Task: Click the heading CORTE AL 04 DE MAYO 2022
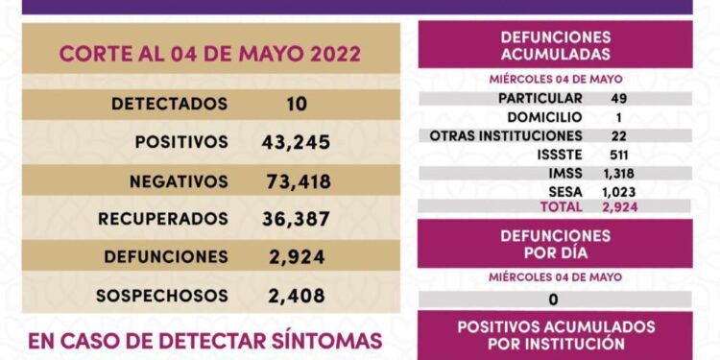click(x=209, y=54)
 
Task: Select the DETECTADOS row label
click(x=169, y=104)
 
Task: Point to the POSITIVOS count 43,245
click(x=296, y=142)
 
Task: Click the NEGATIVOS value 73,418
click(x=296, y=180)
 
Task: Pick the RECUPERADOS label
click(x=163, y=219)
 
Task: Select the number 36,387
click(x=296, y=219)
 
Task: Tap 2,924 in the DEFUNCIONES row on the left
click(x=296, y=257)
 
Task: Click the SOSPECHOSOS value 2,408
click(x=296, y=296)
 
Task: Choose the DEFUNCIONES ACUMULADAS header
click(x=555, y=44)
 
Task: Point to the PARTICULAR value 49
click(x=618, y=98)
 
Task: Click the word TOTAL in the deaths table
click(x=562, y=205)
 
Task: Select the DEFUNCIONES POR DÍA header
click(x=555, y=243)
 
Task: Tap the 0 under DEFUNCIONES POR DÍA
click(x=554, y=300)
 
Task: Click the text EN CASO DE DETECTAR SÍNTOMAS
click(x=205, y=340)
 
